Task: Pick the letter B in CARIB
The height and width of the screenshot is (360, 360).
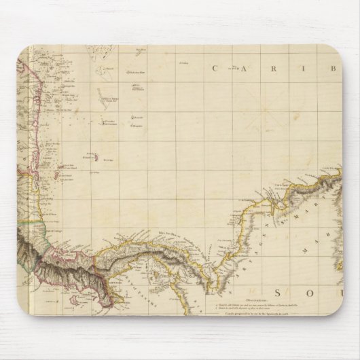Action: (334, 68)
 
